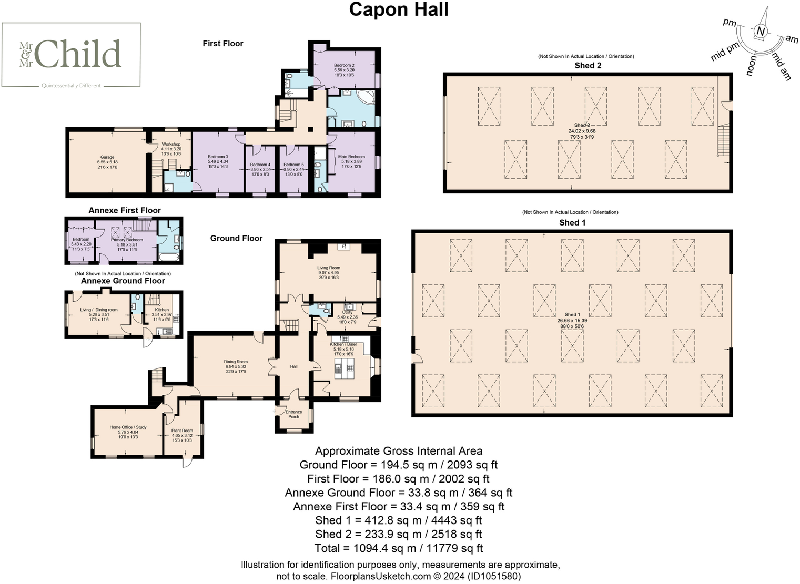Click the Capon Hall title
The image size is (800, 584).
point(399,9)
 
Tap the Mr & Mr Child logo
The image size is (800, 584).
point(71,55)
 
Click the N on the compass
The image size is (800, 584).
point(760,32)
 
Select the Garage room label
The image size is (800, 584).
point(107,157)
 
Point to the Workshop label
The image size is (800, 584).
point(171,144)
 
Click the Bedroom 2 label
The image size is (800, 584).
point(344,65)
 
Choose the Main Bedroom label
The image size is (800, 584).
point(351,157)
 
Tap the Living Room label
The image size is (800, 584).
point(328,268)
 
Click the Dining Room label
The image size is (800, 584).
point(236,362)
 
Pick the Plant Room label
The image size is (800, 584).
point(182,431)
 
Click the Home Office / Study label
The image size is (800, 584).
point(128,427)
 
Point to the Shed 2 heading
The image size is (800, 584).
point(588,65)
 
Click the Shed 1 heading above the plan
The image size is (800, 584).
point(572,222)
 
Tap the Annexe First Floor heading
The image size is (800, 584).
point(125,210)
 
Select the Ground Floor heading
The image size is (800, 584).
point(236,238)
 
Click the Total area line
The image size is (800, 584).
point(398,548)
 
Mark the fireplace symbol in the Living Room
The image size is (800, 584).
point(344,246)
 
